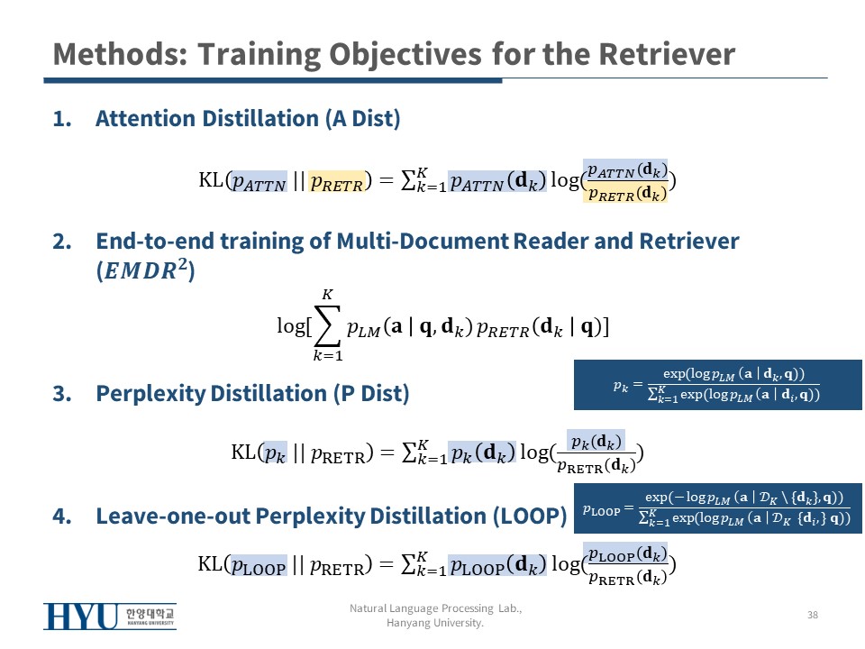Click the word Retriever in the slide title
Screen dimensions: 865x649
tap(667, 54)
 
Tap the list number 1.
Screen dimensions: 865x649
tap(62, 119)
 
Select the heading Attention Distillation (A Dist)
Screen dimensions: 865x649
tap(248, 119)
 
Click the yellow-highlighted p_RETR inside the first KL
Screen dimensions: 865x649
tap(336, 181)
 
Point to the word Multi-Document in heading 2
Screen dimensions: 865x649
tap(422, 242)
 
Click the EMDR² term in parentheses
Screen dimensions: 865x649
tap(145, 270)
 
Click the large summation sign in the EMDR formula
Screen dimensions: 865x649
tap(326, 325)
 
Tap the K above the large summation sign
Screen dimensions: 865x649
tap(328, 295)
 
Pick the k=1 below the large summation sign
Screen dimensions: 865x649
tap(328, 356)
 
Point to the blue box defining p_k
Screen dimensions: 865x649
tap(718, 385)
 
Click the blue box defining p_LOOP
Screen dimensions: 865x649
tap(718, 508)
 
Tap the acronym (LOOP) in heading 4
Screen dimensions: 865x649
tap(530, 516)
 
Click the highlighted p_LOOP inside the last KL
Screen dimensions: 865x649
tap(259, 565)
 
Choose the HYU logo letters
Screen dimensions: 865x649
tap(81, 617)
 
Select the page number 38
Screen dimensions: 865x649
tap(813, 615)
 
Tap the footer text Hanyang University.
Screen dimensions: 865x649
tap(435, 623)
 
